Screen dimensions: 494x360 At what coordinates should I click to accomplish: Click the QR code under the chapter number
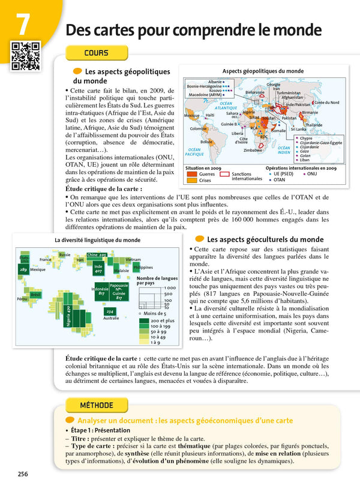click(25, 55)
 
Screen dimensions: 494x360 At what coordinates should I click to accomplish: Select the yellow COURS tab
click(96, 53)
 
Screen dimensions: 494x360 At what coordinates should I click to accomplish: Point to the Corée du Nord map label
click(327, 103)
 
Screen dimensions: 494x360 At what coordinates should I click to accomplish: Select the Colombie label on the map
click(199, 128)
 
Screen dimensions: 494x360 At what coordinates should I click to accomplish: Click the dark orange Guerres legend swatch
click(192, 174)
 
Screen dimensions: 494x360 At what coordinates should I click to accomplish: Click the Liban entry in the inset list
click(305, 160)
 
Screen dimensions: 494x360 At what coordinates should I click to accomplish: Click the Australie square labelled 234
click(110, 312)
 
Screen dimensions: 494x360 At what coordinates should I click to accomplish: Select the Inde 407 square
click(98, 268)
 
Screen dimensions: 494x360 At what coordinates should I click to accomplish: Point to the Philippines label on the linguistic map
click(143, 267)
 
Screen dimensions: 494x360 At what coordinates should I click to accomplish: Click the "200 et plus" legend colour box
click(143, 321)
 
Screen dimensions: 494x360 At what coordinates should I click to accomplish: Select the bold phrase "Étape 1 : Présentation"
click(100, 430)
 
